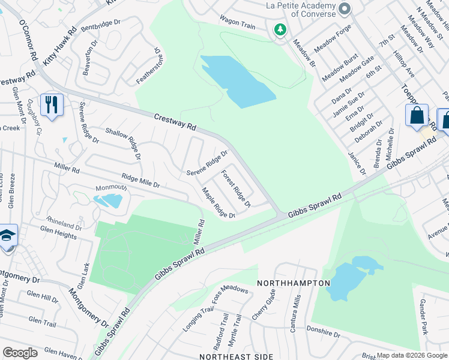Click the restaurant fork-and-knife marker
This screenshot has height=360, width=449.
point(52,105)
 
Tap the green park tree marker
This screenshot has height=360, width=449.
point(280,29)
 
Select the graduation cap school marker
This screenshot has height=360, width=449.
point(7,236)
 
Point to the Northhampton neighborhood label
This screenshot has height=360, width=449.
point(294,283)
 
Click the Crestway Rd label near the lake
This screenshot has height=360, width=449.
point(175,122)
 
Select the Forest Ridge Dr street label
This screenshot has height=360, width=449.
point(235,188)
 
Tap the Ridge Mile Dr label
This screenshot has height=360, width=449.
point(140,181)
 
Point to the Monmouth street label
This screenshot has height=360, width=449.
point(111,188)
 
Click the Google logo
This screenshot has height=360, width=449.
point(20,353)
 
